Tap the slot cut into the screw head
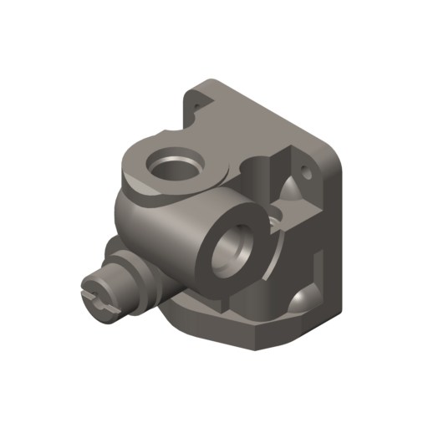[x=96, y=301]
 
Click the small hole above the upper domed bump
[x=306, y=174]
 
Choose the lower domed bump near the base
[x=301, y=298]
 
